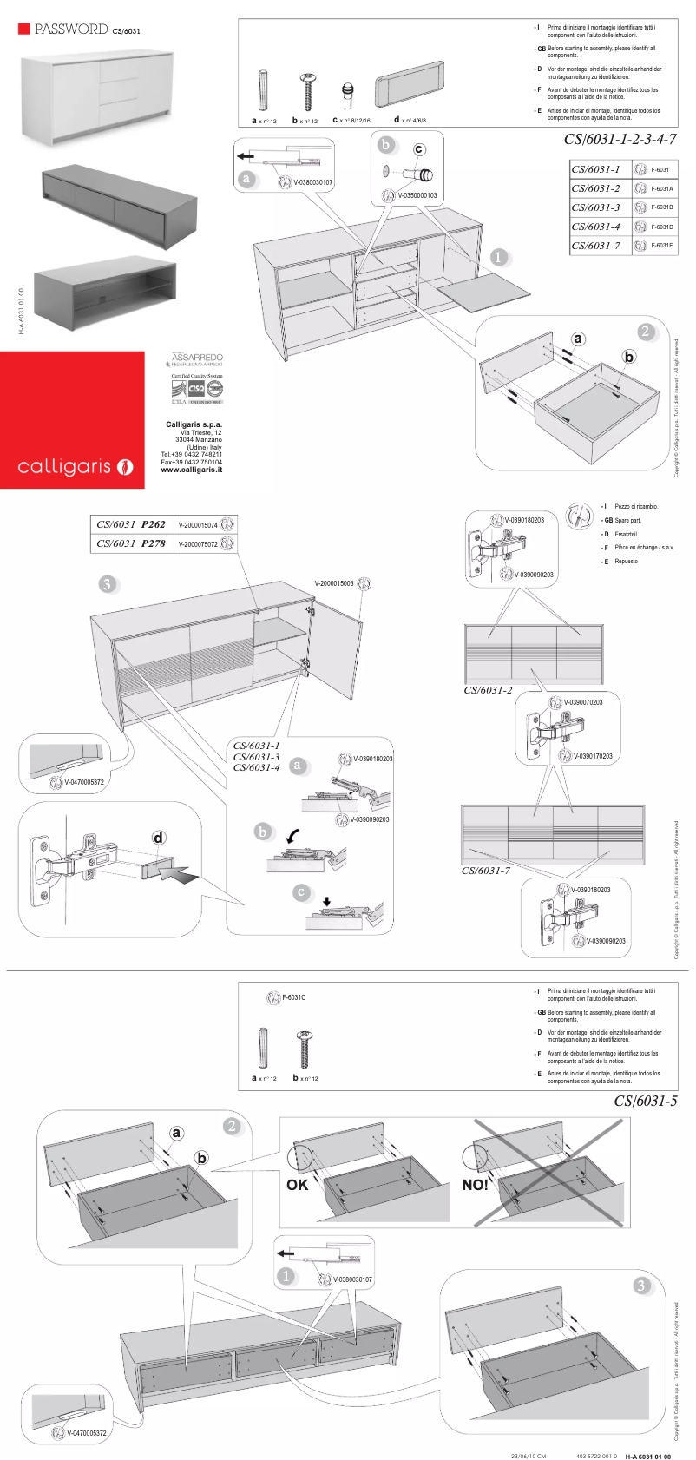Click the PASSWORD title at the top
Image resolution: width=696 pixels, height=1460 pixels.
pos(71,29)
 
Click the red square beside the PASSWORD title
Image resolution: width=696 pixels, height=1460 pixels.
pos(24,29)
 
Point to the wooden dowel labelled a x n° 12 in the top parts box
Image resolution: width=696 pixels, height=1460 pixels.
pos(264,90)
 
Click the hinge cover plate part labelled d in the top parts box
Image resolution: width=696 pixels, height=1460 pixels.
pos(410,85)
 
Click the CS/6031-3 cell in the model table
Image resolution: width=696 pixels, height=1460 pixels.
pos(595,207)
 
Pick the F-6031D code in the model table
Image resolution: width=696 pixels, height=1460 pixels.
pos(662,227)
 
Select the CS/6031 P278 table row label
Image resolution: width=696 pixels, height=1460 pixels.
pos(131,543)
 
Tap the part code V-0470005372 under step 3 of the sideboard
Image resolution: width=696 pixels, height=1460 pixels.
pos(83,782)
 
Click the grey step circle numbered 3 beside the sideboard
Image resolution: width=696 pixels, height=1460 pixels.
pos(107,583)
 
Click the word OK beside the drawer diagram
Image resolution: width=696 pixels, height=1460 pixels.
pos(298,1185)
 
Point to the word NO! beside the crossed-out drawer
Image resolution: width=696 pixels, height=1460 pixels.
pos(475,1185)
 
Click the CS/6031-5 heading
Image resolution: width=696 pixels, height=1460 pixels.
pos(645,1101)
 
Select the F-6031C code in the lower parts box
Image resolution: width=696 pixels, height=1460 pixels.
pos(293,997)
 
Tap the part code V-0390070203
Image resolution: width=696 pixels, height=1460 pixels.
pos(583,702)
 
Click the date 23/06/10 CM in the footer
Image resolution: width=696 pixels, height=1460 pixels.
pos(529,1456)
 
